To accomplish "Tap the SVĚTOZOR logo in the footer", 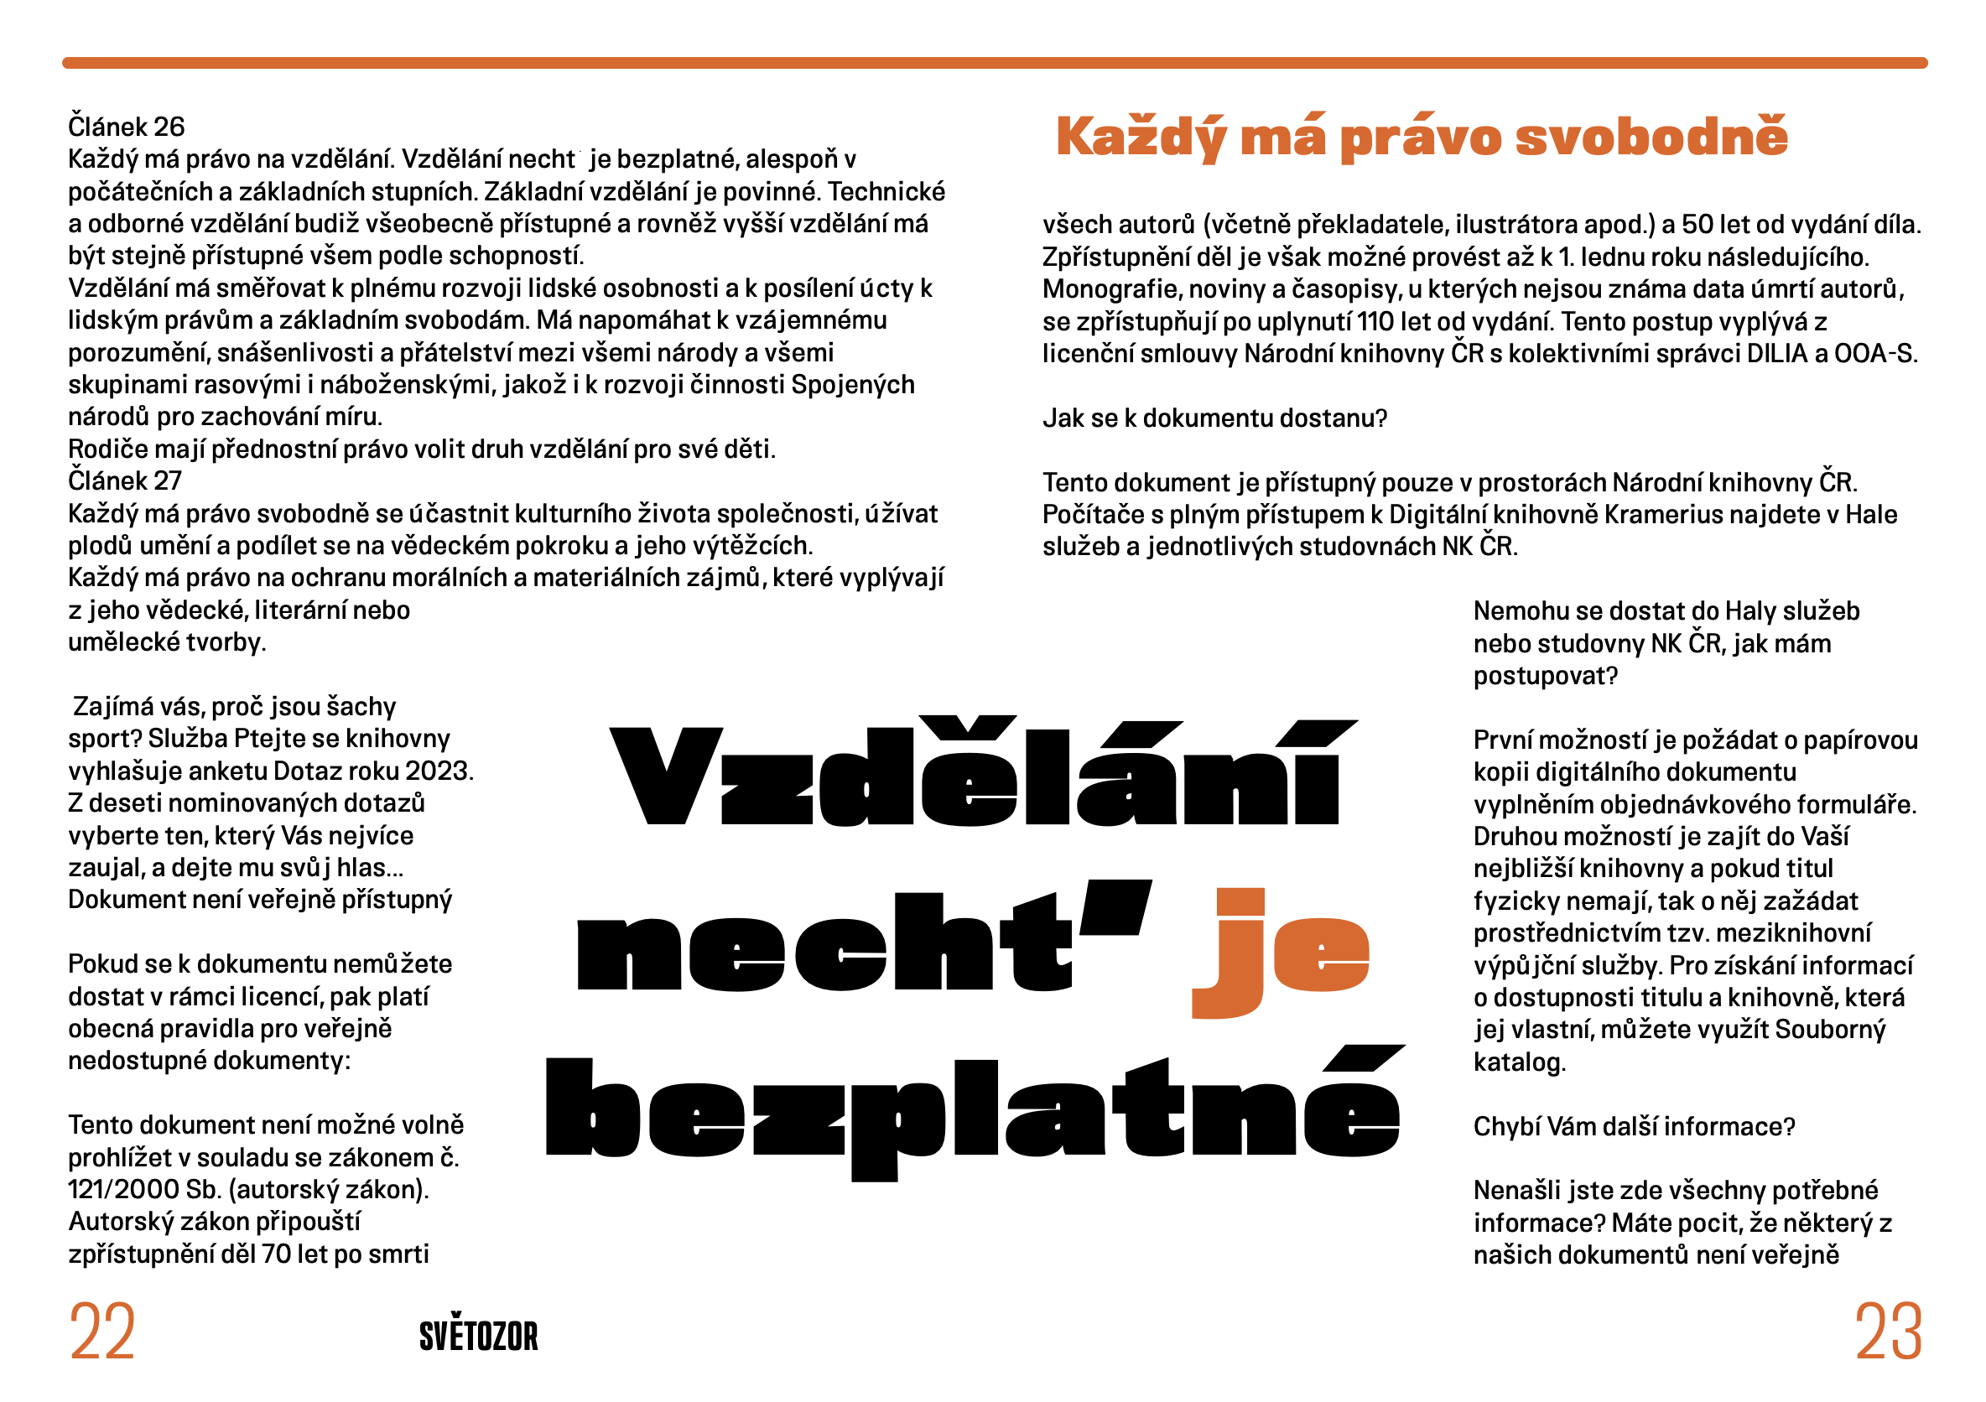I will (x=478, y=1337).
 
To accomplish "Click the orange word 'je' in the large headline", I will (x=1280, y=952).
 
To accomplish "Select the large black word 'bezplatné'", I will (x=973, y=1111).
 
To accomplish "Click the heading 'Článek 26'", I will (x=127, y=127).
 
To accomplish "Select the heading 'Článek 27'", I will (x=125, y=480).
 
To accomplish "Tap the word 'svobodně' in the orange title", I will (x=1651, y=137).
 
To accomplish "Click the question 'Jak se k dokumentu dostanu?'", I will (x=1214, y=418).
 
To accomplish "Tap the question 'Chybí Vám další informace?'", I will (x=1634, y=1127).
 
